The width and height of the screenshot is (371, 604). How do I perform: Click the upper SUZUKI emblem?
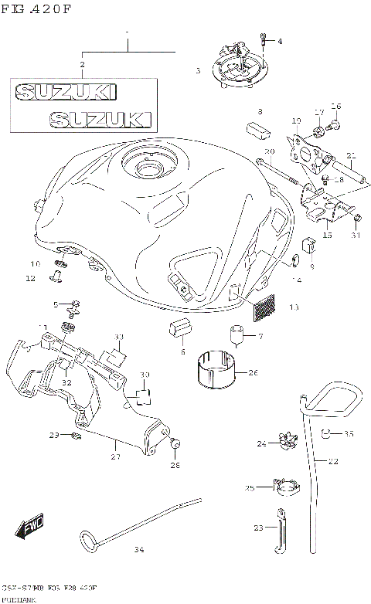click(x=66, y=92)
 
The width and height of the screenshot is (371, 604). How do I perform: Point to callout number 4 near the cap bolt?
click(x=280, y=41)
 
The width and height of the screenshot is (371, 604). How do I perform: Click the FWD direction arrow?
click(x=28, y=528)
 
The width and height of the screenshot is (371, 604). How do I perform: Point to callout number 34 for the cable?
click(x=138, y=550)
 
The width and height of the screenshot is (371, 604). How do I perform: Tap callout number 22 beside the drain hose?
click(x=333, y=461)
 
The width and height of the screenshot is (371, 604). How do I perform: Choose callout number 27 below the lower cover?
click(x=115, y=456)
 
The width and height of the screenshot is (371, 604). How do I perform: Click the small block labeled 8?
click(x=256, y=126)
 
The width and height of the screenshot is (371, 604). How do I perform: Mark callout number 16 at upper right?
click(x=335, y=106)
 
